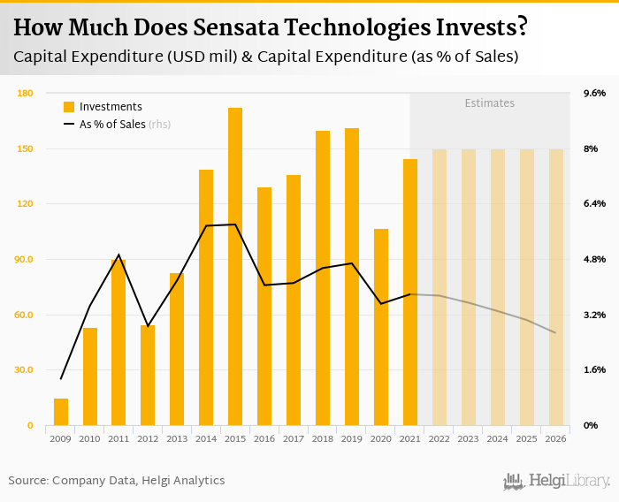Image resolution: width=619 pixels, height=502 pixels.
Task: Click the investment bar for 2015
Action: click(x=235, y=266)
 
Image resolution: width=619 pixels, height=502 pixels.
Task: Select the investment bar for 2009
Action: click(x=61, y=412)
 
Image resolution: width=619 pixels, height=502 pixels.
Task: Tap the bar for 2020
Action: click(x=381, y=327)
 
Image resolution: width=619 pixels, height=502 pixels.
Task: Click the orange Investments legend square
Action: click(x=69, y=107)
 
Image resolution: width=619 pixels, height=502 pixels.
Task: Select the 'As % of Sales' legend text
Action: click(x=112, y=125)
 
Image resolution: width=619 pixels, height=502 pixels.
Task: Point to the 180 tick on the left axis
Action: click(x=25, y=93)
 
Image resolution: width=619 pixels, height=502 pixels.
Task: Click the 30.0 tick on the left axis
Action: click(x=25, y=370)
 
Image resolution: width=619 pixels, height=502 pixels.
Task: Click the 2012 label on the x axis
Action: click(x=148, y=438)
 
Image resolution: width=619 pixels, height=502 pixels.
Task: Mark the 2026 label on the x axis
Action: click(x=555, y=438)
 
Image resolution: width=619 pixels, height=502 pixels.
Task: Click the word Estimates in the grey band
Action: click(x=490, y=103)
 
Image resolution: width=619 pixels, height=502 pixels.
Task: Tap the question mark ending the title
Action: click(x=523, y=27)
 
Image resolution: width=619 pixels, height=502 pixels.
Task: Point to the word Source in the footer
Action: click(x=27, y=481)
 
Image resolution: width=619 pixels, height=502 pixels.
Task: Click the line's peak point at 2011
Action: click(x=118, y=255)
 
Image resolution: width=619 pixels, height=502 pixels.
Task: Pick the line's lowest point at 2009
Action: click(x=61, y=379)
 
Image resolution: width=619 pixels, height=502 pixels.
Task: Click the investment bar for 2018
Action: click(x=323, y=278)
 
